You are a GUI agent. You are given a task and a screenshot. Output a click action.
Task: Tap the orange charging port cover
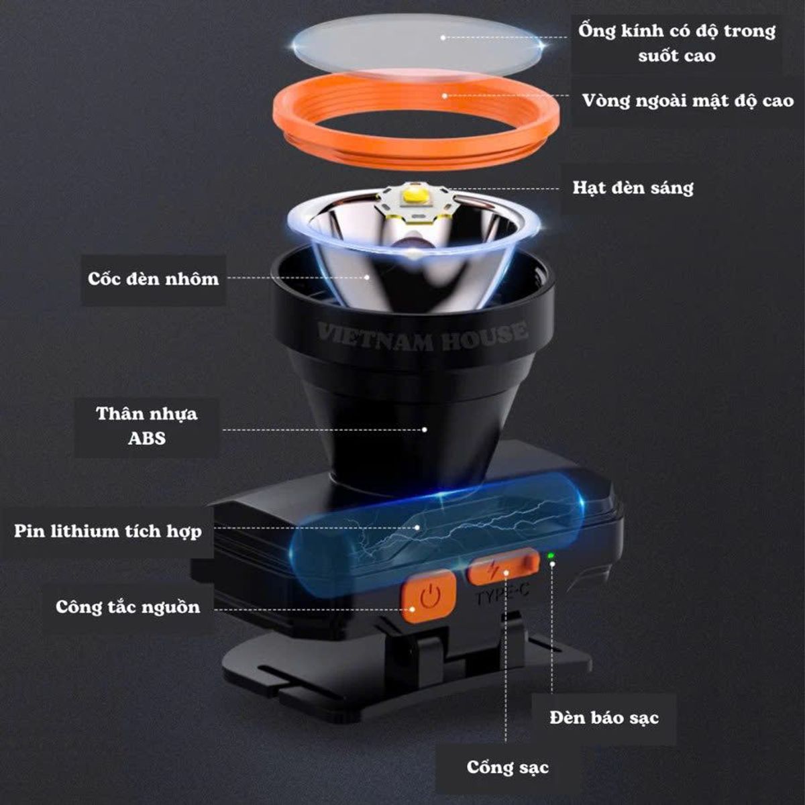click(x=503, y=568)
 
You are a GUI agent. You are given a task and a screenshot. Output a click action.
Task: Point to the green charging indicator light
click(x=551, y=555)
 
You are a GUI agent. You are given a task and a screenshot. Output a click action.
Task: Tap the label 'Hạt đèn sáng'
click(x=633, y=188)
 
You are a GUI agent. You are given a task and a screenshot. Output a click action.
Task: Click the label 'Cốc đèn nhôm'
click(x=153, y=278)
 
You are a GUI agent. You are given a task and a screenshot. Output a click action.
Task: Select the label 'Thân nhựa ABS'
click(x=147, y=426)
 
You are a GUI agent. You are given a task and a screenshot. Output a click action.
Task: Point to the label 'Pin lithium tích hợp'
click(x=108, y=531)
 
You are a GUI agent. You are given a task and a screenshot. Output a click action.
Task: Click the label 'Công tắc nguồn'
click(x=128, y=607)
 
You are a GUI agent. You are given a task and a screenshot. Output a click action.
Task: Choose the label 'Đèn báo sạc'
click(x=604, y=717)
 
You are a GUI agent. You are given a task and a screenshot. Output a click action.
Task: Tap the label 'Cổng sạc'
click(x=508, y=767)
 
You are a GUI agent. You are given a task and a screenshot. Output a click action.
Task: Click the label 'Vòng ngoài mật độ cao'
click(x=688, y=101)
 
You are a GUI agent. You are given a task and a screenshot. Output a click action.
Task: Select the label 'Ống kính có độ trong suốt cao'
click(x=677, y=43)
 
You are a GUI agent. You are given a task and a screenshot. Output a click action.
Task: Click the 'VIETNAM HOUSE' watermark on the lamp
click(x=422, y=336)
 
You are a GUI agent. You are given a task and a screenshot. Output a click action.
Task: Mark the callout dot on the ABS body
click(x=425, y=429)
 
